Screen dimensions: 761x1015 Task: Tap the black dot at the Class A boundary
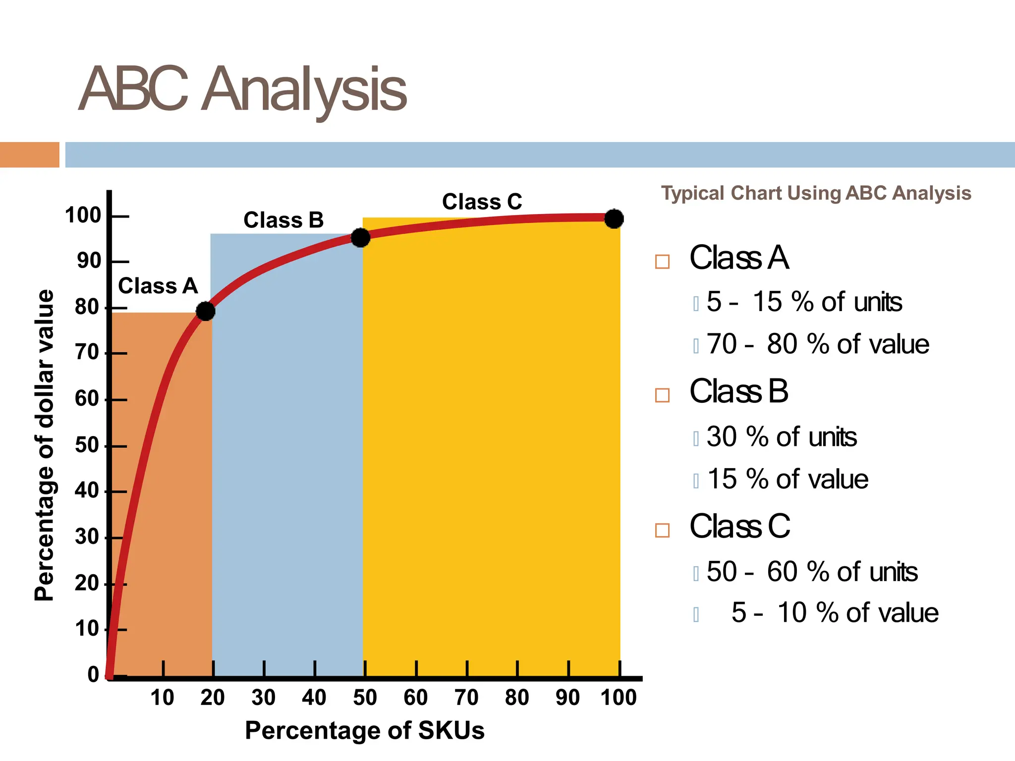[206, 311]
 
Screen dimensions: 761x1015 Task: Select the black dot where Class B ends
[360, 238]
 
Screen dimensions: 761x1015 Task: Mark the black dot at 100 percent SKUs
[614, 218]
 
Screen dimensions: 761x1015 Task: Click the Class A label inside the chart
[158, 286]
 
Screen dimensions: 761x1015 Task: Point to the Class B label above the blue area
[283, 220]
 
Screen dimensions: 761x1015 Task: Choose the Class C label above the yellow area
[482, 202]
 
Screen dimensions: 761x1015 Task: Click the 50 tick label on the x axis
[365, 698]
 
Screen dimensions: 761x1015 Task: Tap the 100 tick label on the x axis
[619, 698]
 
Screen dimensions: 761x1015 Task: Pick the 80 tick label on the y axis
[88, 307]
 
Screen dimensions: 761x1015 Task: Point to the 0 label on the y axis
[94, 675]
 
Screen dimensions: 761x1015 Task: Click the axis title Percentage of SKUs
[365, 731]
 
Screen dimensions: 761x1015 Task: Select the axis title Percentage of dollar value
[44, 445]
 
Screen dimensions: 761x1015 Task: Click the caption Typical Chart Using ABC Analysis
[816, 193]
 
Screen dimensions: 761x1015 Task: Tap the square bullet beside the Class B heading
[662, 395]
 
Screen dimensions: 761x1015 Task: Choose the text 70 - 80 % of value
[818, 344]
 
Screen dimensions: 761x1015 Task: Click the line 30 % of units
[782, 437]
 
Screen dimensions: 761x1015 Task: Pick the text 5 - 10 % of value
[835, 613]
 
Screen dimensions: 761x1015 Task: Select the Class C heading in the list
[740, 526]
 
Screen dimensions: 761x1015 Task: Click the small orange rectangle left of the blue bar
[30, 155]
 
